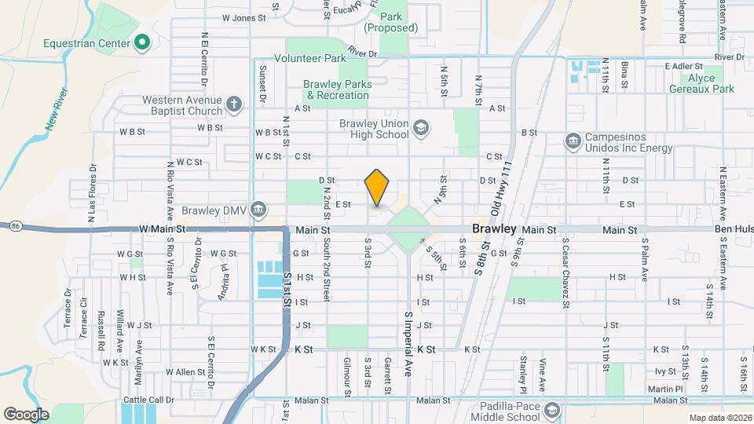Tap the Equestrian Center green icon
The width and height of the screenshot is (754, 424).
click(142, 42)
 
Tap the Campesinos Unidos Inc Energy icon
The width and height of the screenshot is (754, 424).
click(573, 141)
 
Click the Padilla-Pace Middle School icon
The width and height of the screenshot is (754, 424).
click(553, 411)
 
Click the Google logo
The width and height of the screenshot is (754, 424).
click(26, 414)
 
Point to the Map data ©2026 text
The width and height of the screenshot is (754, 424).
click(719, 418)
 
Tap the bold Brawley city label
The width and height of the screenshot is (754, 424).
click(494, 229)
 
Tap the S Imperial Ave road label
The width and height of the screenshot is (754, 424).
click(408, 342)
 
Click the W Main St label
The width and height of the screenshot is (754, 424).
click(160, 229)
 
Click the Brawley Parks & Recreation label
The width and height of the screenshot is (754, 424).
click(338, 90)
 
